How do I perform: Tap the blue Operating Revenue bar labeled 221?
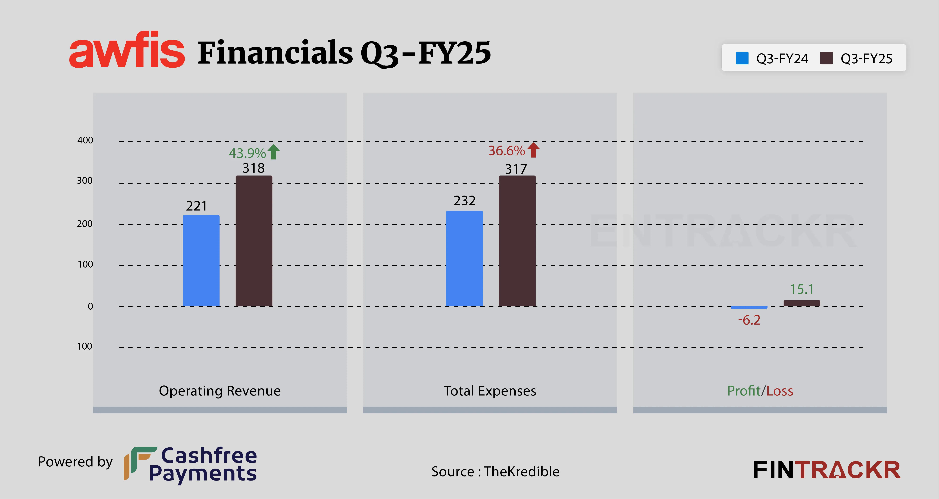pyautogui.click(x=201, y=261)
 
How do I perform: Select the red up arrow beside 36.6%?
pyautogui.click(x=533, y=150)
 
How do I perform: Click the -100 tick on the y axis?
pyautogui.click(x=83, y=346)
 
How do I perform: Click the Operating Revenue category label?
pyautogui.click(x=220, y=391)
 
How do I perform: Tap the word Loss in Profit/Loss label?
pyautogui.click(x=780, y=391)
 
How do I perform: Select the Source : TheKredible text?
pyautogui.click(x=495, y=472)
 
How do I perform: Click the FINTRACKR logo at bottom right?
pyautogui.click(x=826, y=470)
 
